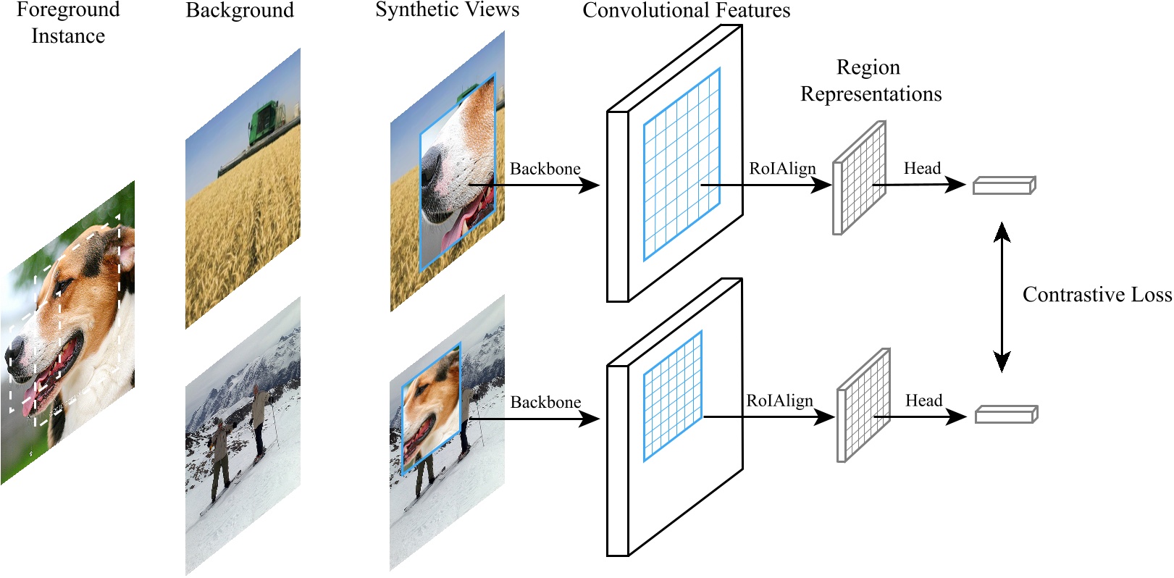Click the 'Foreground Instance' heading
click(68, 22)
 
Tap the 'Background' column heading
click(240, 11)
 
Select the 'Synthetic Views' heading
click(447, 10)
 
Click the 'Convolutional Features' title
click(686, 11)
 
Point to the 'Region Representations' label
click(870, 80)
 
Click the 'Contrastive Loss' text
click(1097, 295)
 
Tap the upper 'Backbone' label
click(545, 169)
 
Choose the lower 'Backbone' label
click(545, 402)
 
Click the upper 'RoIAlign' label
click(782, 169)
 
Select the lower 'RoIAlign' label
click(779, 401)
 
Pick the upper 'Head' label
click(922, 169)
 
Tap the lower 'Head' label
click(923, 401)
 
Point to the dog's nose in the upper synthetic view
click(435, 167)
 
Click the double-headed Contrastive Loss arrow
click(1002, 297)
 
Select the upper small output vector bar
click(1004, 185)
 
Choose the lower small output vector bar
click(1006, 414)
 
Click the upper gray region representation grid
click(860, 177)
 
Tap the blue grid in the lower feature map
click(673, 396)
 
